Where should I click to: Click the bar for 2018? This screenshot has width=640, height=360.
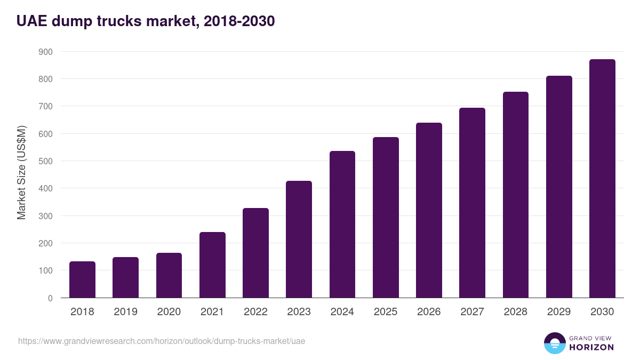(82, 279)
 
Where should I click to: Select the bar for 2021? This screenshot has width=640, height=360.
(212, 265)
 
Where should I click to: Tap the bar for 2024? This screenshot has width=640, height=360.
(342, 225)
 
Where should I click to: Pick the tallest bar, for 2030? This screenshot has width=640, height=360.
(602, 179)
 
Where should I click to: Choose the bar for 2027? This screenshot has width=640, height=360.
(472, 203)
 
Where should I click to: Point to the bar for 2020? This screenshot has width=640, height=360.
(169, 275)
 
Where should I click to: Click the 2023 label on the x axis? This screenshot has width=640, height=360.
(299, 312)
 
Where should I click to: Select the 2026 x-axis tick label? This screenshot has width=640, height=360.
(429, 312)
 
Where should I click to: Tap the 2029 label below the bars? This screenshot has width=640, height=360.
(559, 312)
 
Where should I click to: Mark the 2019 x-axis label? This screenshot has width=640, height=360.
(125, 312)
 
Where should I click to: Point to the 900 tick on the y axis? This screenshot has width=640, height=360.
(45, 52)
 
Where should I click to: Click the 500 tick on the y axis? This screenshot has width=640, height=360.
(45, 161)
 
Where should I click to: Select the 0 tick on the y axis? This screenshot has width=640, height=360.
(50, 298)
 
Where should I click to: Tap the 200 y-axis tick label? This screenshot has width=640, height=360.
(45, 243)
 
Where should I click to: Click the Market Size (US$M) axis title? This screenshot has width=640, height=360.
(21, 172)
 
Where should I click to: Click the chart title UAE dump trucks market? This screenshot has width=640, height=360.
(146, 21)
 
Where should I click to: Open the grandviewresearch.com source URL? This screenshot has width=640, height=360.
(162, 341)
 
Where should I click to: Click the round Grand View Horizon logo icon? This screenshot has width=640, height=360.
(555, 343)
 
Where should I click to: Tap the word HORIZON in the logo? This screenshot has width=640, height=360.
(591, 347)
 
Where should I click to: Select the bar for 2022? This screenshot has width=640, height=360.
(255, 253)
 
